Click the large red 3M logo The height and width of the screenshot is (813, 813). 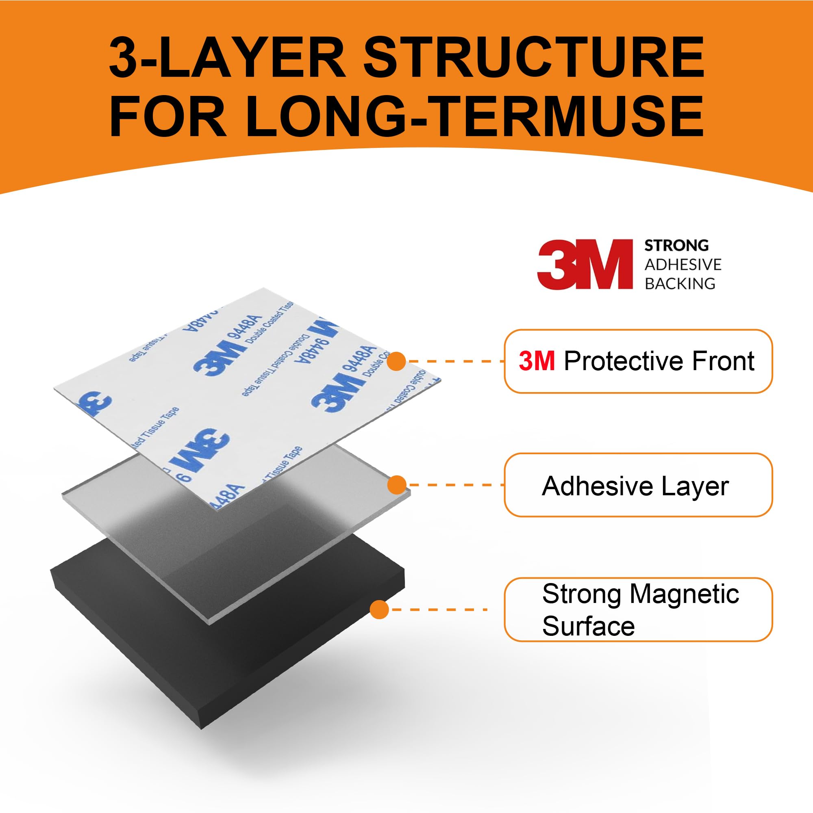pyautogui.click(x=585, y=264)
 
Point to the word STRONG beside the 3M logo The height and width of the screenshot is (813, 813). pyautogui.click(x=676, y=245)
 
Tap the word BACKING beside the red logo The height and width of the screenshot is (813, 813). pyautogui.click(x=680, y=284)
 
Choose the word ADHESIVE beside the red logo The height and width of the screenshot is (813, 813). pyautogui.click(x=683, y=264)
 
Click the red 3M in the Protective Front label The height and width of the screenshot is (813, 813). pyautogui.click(x=537, y=361)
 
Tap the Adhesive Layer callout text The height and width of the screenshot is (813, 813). pyautogui.click(x=635, y=486)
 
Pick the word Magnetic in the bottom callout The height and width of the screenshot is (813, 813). pyautogui.click(x=684, y=594)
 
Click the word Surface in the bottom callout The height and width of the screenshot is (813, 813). pyautogui.click(x=588, y=626)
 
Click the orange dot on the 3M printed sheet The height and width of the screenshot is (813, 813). pyautogui.click(x=396, y=361)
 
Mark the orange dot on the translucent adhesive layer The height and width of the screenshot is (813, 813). pyautogui.click(x=396, y=485)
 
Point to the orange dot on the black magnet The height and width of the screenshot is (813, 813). pyautogui.click(x=379, y=609)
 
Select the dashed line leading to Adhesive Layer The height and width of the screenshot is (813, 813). pyautogui.click(x=455, y=485)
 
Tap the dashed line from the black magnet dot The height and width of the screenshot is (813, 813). pyautogui.click(x=438, y=609)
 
